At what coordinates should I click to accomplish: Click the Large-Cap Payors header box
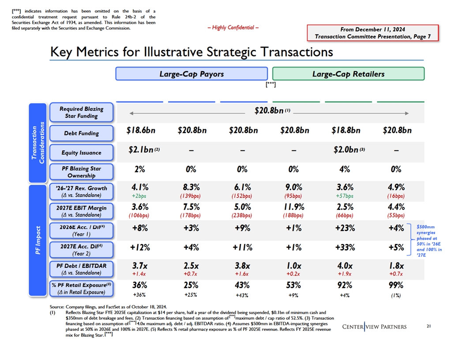(192, 74)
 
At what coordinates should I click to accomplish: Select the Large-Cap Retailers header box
(348, 74)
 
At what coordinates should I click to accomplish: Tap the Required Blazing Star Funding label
(82, 112)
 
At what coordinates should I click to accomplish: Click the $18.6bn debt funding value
(141, 131)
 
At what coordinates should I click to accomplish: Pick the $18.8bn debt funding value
(346, 131)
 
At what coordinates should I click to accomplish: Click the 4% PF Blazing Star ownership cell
(345, 169)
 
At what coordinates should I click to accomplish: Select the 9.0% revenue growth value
(293, 187)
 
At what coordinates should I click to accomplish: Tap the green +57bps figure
(345, 196)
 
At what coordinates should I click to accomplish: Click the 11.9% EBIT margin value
(293, 207)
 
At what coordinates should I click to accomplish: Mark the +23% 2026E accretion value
(345, 228)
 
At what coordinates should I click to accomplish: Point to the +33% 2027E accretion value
(345, 247)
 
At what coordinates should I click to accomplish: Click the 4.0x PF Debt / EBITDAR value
(345, 266)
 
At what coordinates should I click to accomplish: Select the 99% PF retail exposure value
(396, 285)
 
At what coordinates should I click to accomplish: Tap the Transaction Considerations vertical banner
(38, 142)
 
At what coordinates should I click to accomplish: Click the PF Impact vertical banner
(38, 240)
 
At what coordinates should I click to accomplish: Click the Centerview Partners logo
(374, 327)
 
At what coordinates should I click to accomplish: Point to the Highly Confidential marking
(233, 28)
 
